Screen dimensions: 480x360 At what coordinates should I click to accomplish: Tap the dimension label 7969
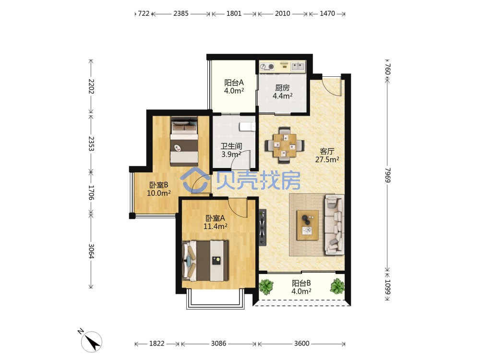click(387, 175)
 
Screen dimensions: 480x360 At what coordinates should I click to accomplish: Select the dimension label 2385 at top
click(181, 13)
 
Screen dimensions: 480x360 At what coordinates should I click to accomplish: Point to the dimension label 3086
click(218, 344)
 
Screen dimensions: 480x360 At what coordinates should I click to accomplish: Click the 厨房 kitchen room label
click(282, 88)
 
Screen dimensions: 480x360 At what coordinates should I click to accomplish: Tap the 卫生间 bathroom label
click(231, 146)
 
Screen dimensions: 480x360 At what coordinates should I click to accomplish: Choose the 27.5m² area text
click(327, 159)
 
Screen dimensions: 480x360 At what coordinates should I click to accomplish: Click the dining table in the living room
click(285, 145)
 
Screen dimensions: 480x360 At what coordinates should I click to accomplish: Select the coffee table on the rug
click(307, 225)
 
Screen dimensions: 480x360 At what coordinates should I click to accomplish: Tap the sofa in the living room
click(334, 225)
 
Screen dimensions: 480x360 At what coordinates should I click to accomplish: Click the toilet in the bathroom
click(247, 126)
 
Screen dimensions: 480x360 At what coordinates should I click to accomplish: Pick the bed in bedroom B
click(184, 141)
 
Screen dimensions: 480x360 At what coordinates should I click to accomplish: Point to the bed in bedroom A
click(205, 261)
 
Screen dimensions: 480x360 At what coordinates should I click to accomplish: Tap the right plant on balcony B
click(337, 286)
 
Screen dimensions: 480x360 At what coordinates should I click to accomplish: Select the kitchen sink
click(298, 66)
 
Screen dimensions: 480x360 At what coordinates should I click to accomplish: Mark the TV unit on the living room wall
click(263, 228)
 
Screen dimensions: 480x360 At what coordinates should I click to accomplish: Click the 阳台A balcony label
click(234, 83)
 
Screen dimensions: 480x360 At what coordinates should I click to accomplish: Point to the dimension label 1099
click(387, 287)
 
